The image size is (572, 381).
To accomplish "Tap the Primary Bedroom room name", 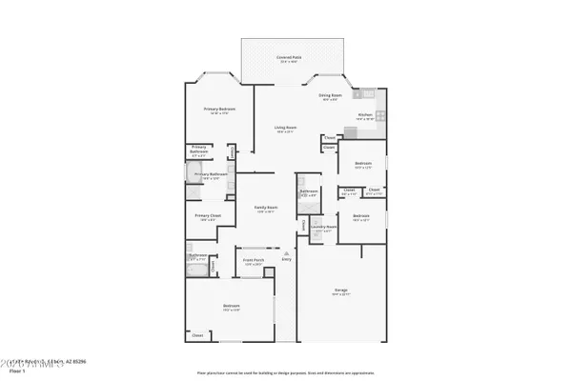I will (x=219, y=110).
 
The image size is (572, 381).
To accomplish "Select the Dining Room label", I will (x=331, y=95).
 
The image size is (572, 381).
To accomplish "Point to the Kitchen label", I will (x=365, y=114).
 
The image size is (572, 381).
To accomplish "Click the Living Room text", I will (x=285, y=128).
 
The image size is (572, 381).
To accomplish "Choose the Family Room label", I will (x=265, y=208).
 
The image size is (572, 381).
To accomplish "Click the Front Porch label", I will (x=253, y=260).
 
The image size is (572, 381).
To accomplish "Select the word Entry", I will (x=286, y=259).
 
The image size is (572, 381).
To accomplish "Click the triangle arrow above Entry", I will (x=286, y=251).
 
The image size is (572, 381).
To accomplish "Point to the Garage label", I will (x=340, y=290).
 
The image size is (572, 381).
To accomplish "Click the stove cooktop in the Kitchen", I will (x=378, y=116).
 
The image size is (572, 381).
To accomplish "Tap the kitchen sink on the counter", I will (x=366, y=95).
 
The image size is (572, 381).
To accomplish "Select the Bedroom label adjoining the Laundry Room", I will (x=360, y=217).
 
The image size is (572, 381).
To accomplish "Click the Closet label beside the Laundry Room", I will (x=305, y=225).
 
